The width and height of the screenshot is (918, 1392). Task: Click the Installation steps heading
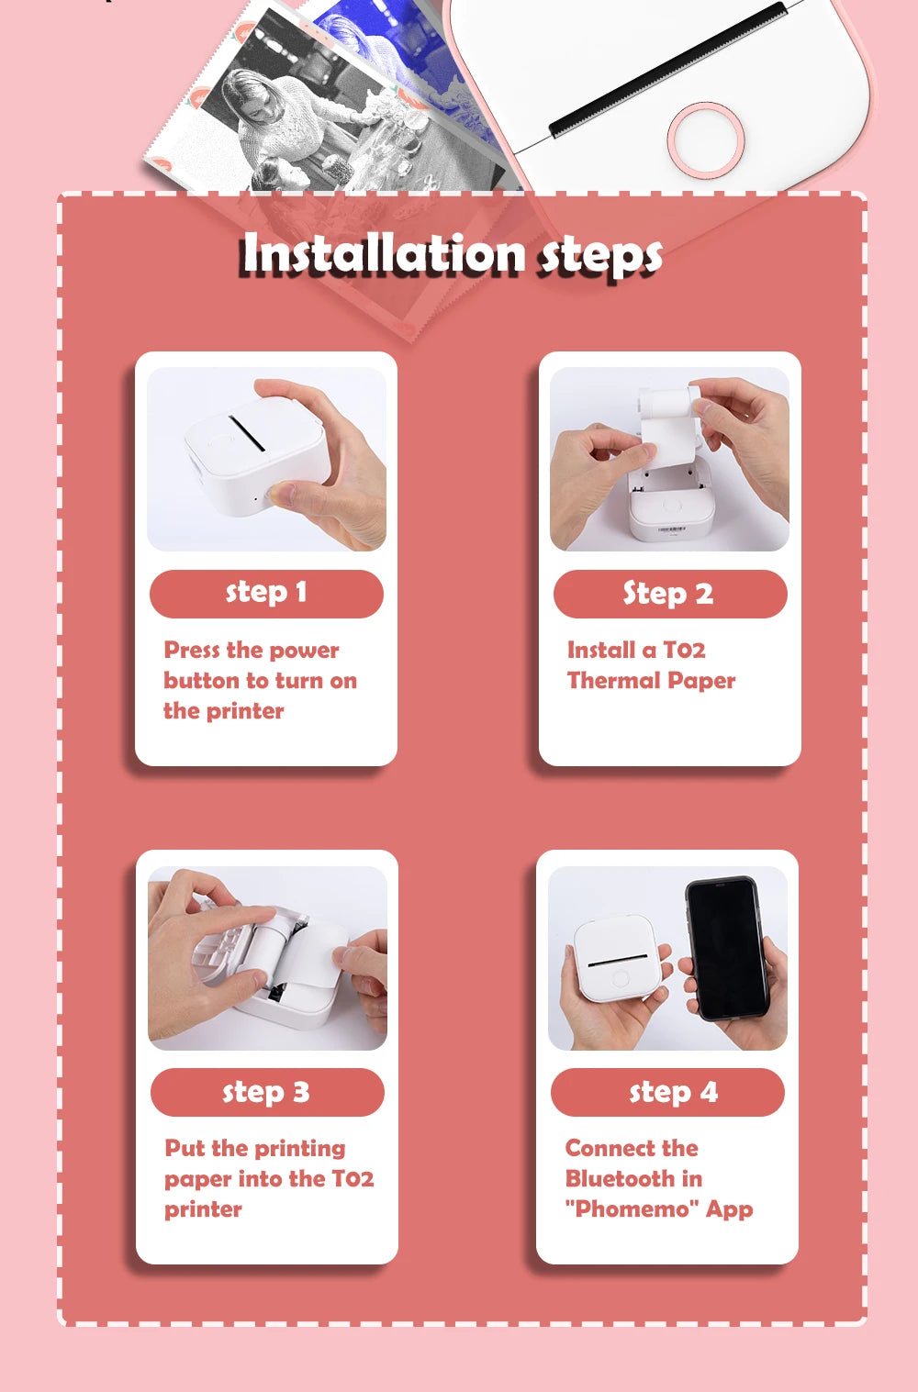452,254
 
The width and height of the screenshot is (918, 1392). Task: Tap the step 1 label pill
266,593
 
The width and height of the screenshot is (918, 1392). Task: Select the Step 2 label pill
669,594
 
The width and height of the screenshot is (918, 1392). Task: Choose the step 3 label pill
266,1092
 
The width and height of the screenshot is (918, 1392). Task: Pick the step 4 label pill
667,1092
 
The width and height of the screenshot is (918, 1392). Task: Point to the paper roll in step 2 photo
668,405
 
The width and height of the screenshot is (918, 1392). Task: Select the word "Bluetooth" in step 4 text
620,1178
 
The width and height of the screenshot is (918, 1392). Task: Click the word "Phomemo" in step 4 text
633,1208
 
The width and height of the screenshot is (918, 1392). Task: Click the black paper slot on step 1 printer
247,432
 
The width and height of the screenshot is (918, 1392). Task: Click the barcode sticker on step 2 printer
671,529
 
